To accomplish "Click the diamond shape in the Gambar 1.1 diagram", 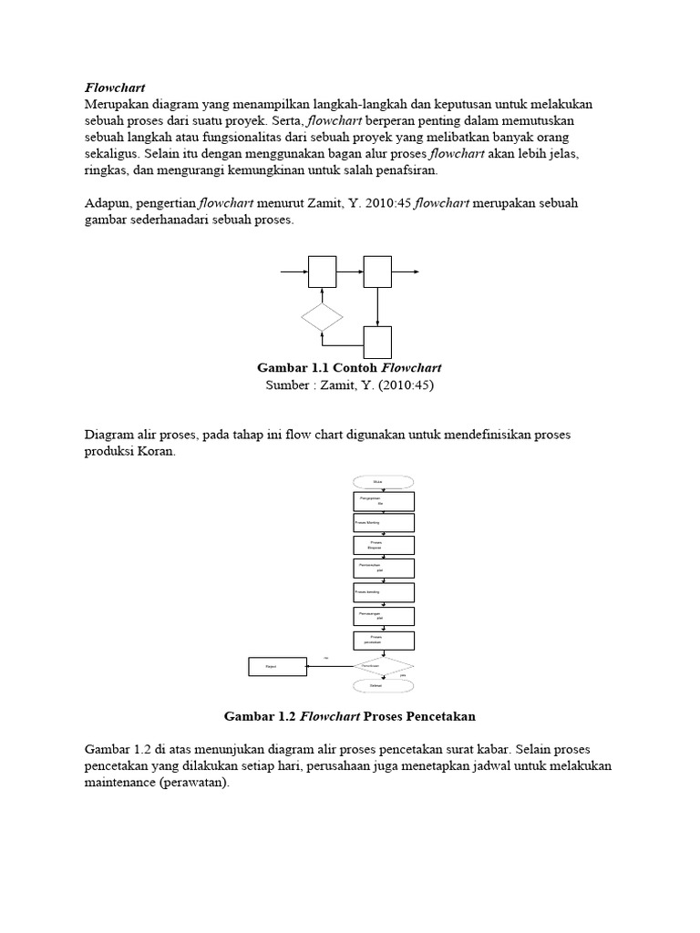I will [322, 317].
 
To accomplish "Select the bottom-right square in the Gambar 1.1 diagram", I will [377, 342].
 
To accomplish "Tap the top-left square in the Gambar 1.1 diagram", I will [322, 272].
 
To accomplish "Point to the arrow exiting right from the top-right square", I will [406, 272].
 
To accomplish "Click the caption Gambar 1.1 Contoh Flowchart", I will [350, 368].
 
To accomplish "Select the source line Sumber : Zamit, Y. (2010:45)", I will [350, 385].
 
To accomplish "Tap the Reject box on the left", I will [276, 667].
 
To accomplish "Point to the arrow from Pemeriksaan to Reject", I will [328, 667].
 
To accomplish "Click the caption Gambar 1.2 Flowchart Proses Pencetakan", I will [350, 716].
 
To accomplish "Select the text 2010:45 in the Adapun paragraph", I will [386, 203].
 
